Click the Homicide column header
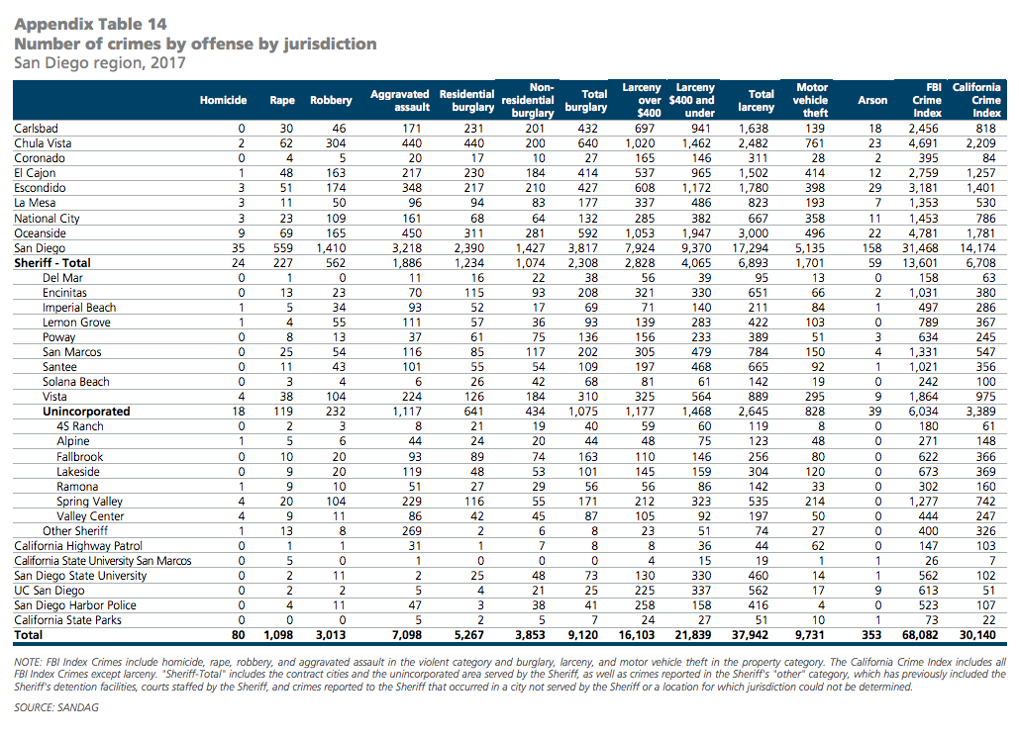click(223, 100)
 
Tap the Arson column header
click(872, 100)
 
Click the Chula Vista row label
click(43, 143)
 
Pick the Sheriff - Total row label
click(51, 263)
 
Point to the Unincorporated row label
click(86, 412)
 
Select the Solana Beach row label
click(76, 382)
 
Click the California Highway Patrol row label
click(78, 546)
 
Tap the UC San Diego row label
click(50, 591)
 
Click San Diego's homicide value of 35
click(238, 248)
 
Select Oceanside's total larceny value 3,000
click(754, 233)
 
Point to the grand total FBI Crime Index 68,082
click(920, 635)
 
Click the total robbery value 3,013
click(331, 635)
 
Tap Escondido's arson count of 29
click(874, 188)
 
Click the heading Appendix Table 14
click(90, 24)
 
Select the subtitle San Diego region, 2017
click(99, 63)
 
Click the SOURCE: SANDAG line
click(56, 707)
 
